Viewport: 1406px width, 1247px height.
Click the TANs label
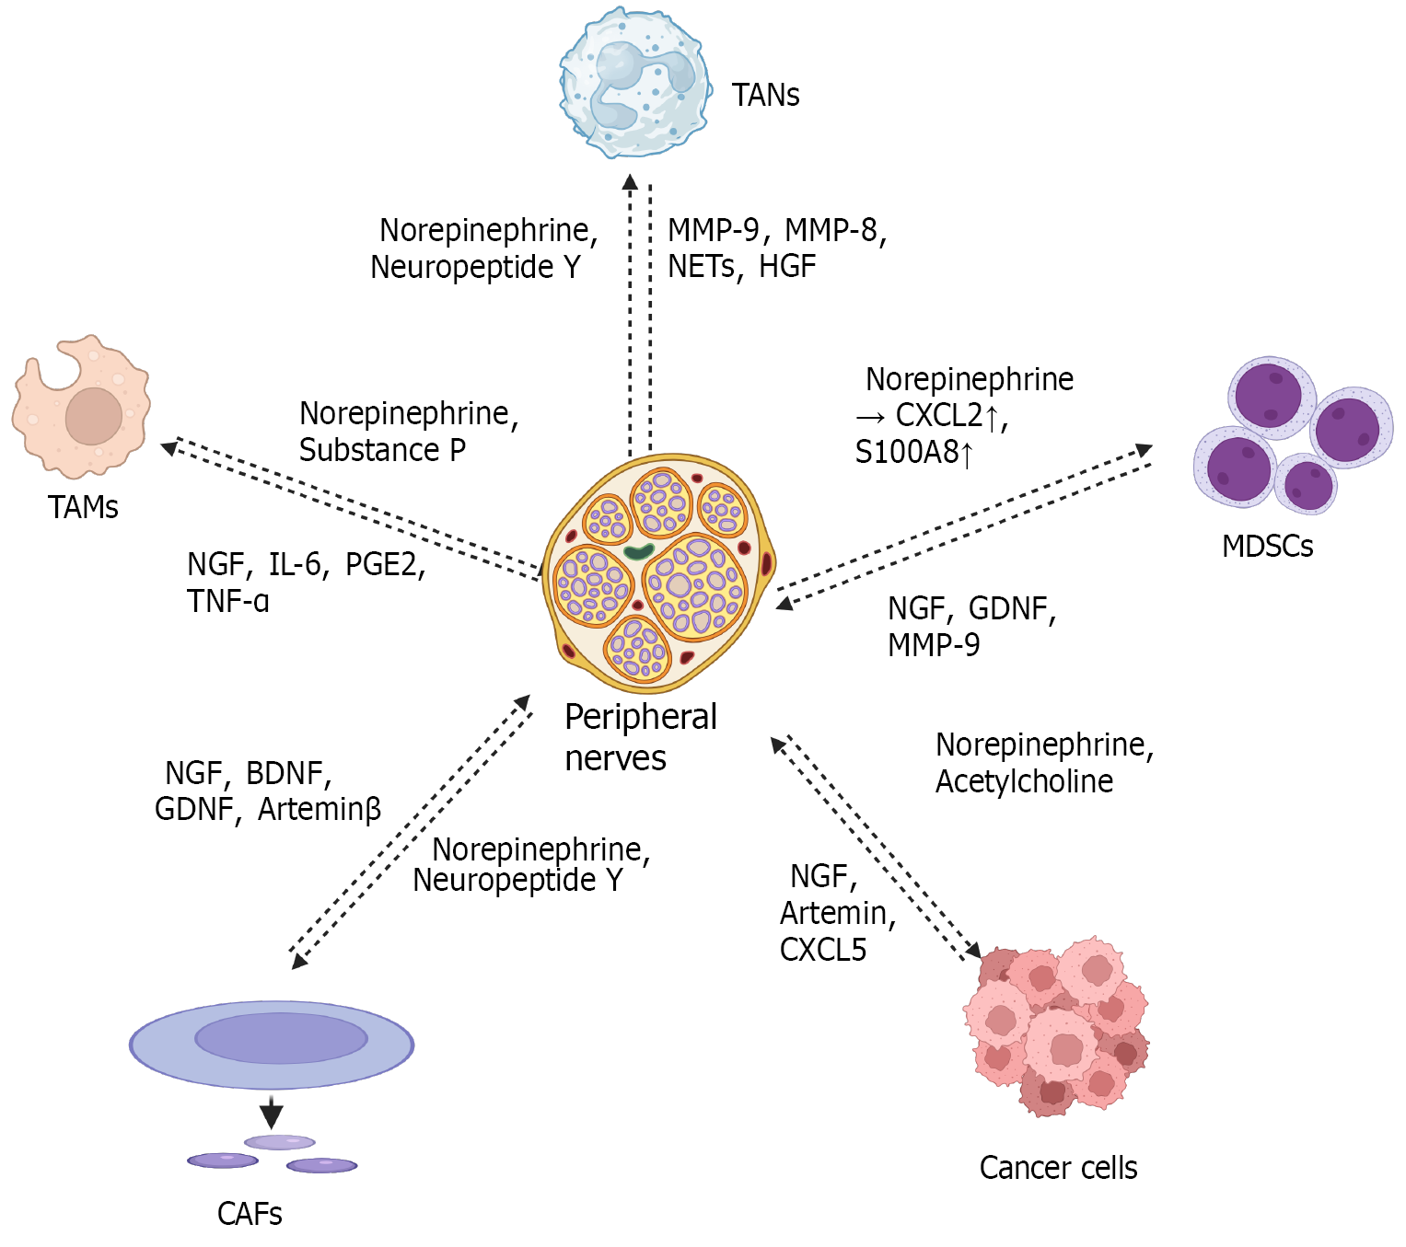click(765, 95)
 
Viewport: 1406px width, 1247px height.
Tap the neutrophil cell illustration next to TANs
click(635, 82)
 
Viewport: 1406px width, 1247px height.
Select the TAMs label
click(83, 507)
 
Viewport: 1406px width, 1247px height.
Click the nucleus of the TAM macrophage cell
click(94, 416)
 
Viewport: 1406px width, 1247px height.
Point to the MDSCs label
click(1267, 546)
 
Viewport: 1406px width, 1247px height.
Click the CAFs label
click(250, 1214)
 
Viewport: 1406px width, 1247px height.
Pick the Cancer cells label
click(1058, 1167)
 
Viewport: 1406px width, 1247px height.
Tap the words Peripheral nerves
click(640, 736)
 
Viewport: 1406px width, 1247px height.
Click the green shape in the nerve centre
click(638, 551)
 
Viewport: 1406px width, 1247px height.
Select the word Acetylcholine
click(1024, 781)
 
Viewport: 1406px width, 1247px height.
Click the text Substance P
click(382, 449)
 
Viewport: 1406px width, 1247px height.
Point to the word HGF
click(787, 266)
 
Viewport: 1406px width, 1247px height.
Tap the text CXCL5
click(823, 950)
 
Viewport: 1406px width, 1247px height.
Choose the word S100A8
click(907, 452)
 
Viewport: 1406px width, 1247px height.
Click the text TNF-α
click(227, 601)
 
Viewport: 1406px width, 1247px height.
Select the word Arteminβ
click(320, 809)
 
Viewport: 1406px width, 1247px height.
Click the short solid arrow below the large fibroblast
click(271, 1112)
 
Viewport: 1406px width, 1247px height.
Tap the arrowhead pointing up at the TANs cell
click(630, 181)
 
